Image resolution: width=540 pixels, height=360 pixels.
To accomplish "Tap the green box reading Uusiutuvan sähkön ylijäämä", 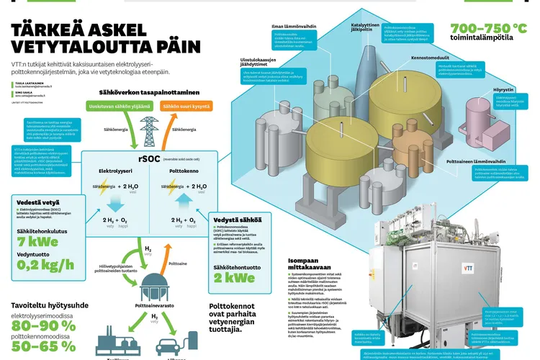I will [x=114, y=107].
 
